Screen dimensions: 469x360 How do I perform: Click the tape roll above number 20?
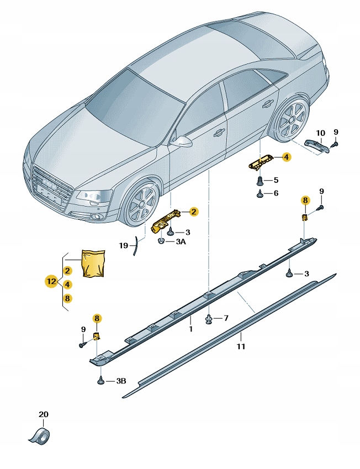tap(40, 435)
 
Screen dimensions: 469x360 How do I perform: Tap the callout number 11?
tap(241, 347)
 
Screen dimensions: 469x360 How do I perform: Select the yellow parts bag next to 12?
tap(93, 263)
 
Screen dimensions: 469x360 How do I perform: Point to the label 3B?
tap(121, 381)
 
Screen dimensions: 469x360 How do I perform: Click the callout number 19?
tap(124, 245)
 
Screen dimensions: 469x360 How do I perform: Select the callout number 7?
tap(225, 318)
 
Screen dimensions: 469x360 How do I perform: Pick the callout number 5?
tap(276, 180)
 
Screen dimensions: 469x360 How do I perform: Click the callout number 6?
tap(276, 193)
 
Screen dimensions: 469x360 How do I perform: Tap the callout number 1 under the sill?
tap(190, 329)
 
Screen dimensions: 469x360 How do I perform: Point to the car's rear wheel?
tap(290, 122)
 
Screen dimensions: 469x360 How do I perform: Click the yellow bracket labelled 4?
tap(263, 162)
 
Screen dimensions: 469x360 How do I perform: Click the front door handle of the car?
tap(219, 132)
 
